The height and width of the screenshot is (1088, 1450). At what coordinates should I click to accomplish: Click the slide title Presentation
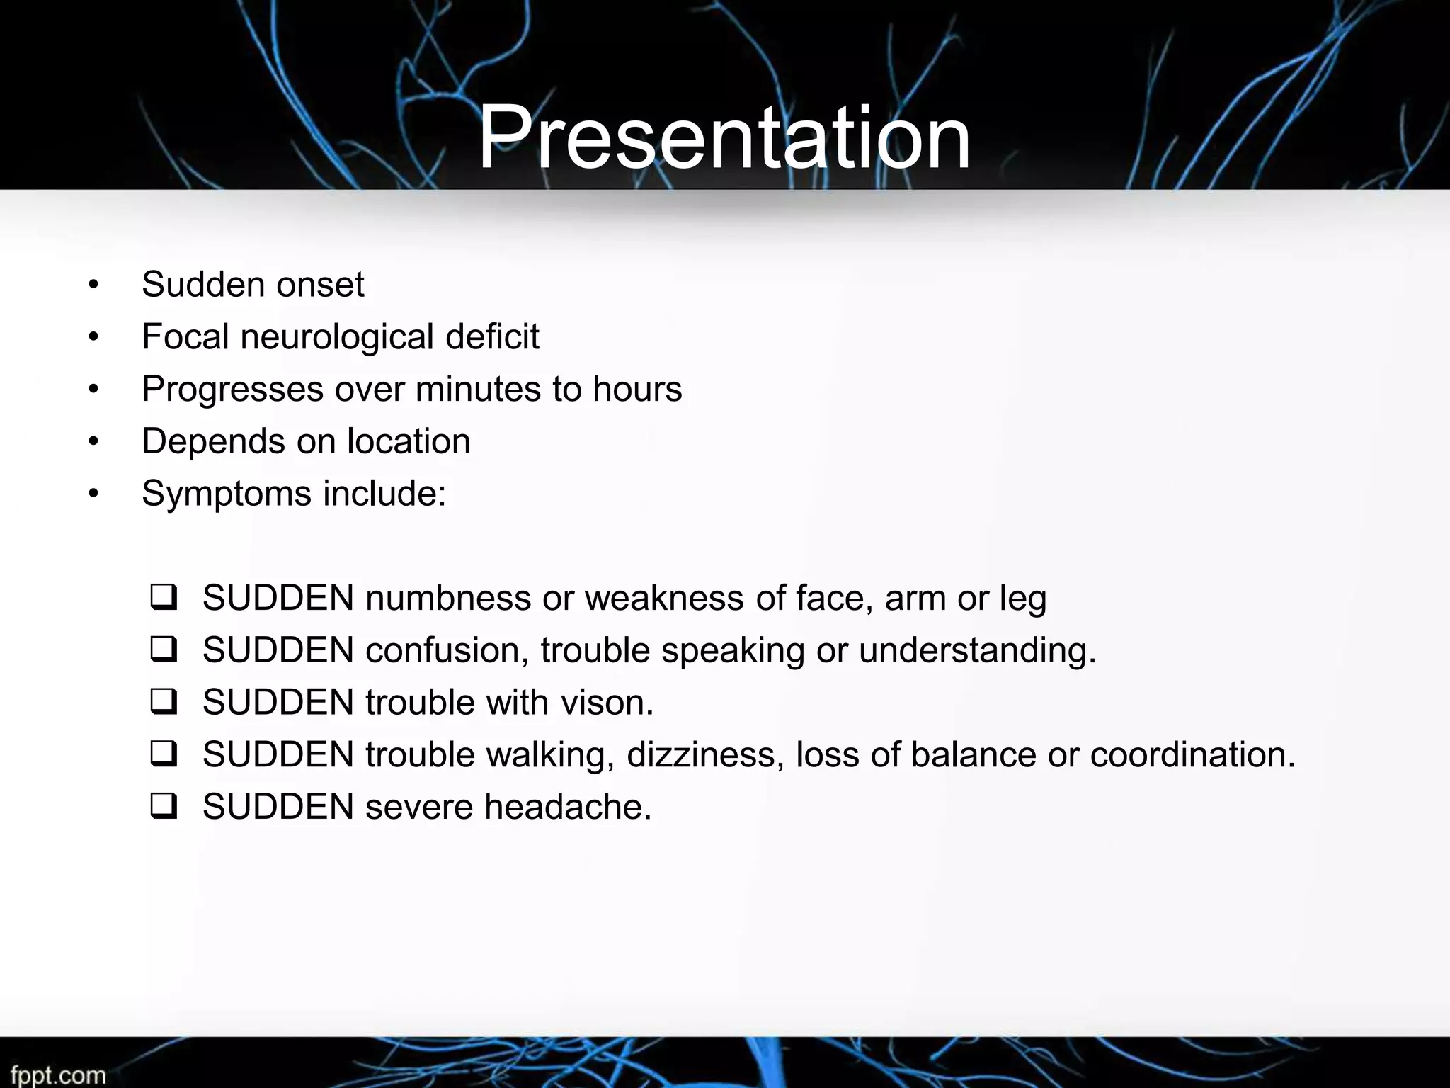724,137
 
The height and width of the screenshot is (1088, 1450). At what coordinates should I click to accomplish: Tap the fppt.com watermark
58,1075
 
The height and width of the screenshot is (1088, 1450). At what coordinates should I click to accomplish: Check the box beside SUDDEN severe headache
164,806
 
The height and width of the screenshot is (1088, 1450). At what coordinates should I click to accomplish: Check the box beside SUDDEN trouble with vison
164,702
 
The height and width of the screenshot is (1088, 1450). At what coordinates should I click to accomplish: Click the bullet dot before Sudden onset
93,285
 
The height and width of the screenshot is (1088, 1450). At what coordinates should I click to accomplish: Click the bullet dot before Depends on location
93,442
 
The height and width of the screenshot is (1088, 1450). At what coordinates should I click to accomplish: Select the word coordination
1192,754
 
